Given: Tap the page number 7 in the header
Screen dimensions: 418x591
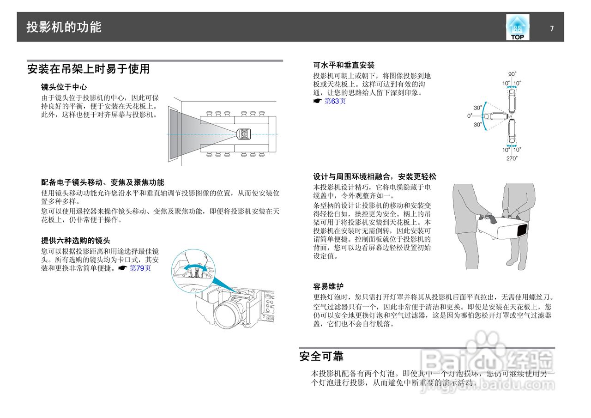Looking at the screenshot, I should [x=552, y=29].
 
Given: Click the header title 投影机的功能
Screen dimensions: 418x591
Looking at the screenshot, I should [x=64, y=27].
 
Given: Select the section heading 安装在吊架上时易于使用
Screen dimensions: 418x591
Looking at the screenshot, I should [x=88, y=69].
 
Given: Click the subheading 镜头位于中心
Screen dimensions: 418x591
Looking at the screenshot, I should [x=64, y=87].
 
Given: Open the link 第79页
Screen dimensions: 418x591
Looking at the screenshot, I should [x=140, y=268].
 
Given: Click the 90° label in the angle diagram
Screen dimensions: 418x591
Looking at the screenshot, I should [x=512, y=74].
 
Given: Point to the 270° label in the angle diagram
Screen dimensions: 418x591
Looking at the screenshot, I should [x=512, y=158].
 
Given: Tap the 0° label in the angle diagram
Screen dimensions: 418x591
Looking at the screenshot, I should [x=470, y=116].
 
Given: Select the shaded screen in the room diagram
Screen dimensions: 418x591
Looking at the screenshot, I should [x=174, y=134].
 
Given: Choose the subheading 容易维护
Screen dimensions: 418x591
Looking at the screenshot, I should [x=328, y=286].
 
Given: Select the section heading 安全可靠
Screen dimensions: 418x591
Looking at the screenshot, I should [x=321, y=357].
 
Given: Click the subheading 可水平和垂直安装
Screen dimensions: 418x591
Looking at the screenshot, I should [x=344, y=65].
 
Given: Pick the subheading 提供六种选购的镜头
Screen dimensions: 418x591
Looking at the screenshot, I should [x=76, y=241].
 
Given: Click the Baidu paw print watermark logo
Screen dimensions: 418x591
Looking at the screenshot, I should [x=483, y=344].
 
